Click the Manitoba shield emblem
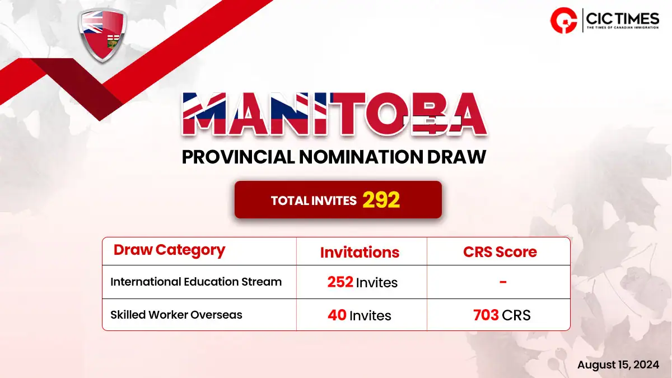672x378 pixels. click(102, 35)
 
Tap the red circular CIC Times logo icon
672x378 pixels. click(564, 20)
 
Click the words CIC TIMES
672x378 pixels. click(623, 18)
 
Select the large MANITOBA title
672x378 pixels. click(334, 114)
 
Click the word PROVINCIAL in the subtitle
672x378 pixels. click(239, 157)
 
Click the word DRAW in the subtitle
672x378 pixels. click(456, 157)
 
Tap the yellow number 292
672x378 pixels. click(381, 200)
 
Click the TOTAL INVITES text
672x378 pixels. click(314, 200)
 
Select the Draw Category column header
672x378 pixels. click(169, 250)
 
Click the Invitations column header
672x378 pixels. click(360, 253)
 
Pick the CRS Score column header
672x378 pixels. click(500, 252)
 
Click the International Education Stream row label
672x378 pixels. click(196, 282)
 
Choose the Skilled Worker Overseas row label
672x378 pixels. click(176, 315)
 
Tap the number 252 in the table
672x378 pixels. click(340, 282)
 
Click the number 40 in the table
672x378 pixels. click(337, 315)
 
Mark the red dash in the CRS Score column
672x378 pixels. click(503, 282)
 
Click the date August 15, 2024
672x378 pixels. click(618, 365)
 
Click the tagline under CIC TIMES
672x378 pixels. click(623, 27)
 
